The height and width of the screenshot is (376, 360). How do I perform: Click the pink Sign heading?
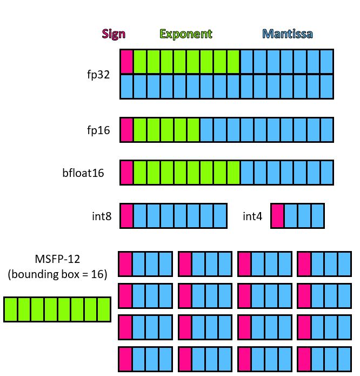click(x=114, y=34)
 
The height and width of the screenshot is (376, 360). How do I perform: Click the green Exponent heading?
click(x=186, y=34)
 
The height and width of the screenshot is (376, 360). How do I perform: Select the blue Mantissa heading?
click(x=288, y=34)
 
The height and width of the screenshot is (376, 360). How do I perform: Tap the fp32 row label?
click(x=99, y=74)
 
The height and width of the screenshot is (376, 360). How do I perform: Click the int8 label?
click(x=102, y=216)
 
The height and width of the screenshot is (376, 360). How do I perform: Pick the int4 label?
click(x=252, y=216)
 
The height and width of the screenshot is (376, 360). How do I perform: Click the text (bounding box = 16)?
click(x=57, y=274)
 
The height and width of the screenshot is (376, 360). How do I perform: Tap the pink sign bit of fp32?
click(x=126, y=62)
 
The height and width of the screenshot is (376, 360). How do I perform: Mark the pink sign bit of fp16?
click(x=126, y=130)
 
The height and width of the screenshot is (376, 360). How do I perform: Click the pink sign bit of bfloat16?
click(x=126, y=173)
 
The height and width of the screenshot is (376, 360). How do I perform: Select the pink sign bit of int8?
click(x=126, y=215)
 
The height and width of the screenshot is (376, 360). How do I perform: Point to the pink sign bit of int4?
click(x=277, y=215)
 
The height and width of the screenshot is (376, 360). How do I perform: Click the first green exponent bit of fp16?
click(x=140, y=130)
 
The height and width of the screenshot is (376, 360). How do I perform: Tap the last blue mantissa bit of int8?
click(x=220, y=215)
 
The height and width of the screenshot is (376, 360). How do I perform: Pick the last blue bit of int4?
click(x=317, y=215)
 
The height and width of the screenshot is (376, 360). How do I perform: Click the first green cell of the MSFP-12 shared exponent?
click(x=11, y=309)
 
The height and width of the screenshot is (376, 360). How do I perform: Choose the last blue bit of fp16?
click(x=326, y=130)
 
